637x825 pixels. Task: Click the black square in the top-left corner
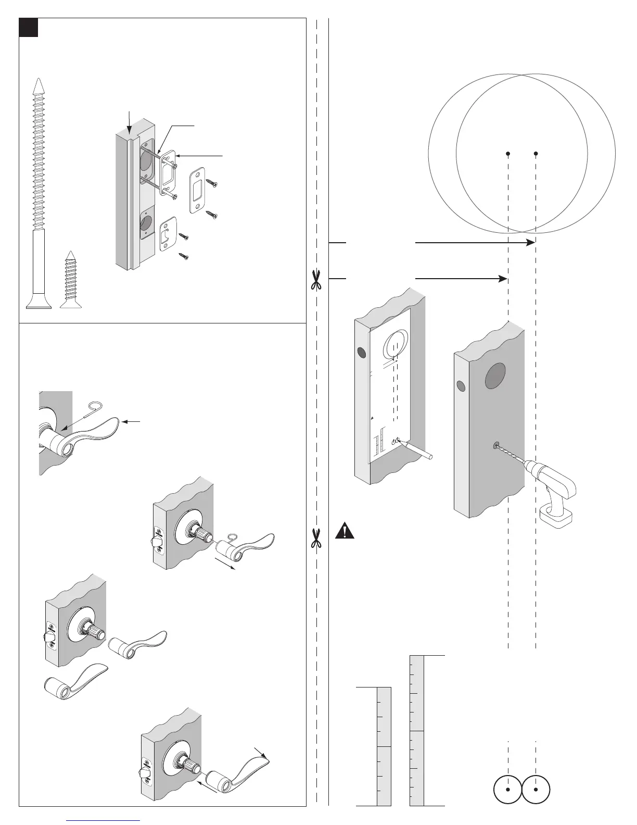point(29,28)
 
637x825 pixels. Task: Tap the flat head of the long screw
point(39,305)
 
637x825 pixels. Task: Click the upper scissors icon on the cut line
point(315,279)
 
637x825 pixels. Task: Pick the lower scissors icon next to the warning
point(315,538)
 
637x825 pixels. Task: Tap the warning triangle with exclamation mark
point(344,531)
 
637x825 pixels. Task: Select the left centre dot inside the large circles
point(508,153)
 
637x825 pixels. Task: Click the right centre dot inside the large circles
point(536,153)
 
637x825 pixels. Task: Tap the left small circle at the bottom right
point(507,789)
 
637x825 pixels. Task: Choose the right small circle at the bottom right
point(536,789)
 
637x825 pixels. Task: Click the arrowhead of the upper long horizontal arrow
point(531,242)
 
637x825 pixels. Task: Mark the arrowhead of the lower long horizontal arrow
point(503,279)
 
